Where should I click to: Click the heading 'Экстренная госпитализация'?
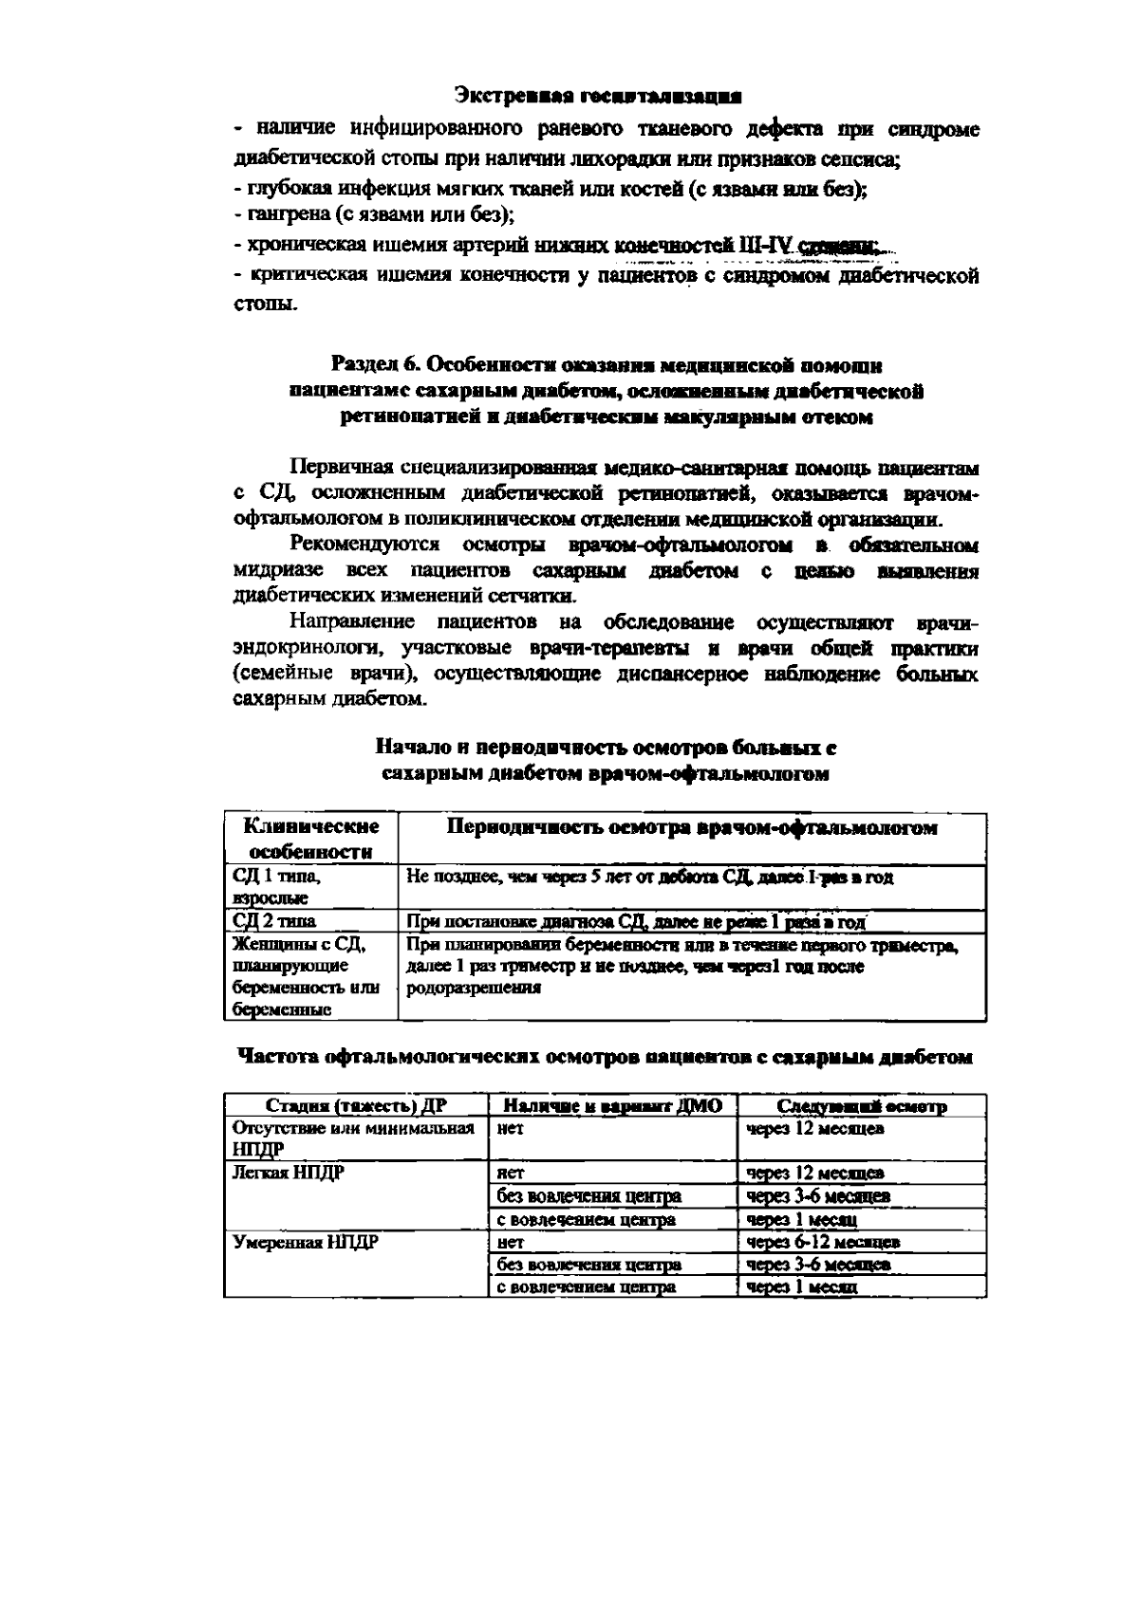pos(597,96)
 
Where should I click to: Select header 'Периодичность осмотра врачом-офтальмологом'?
pos(692,828)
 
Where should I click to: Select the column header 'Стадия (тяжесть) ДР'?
pos(356,1106)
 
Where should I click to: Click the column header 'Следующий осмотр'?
pos(861,1106)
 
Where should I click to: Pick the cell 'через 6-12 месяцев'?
pos(823,1242)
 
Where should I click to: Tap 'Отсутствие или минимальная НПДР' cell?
pos(353,1138)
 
